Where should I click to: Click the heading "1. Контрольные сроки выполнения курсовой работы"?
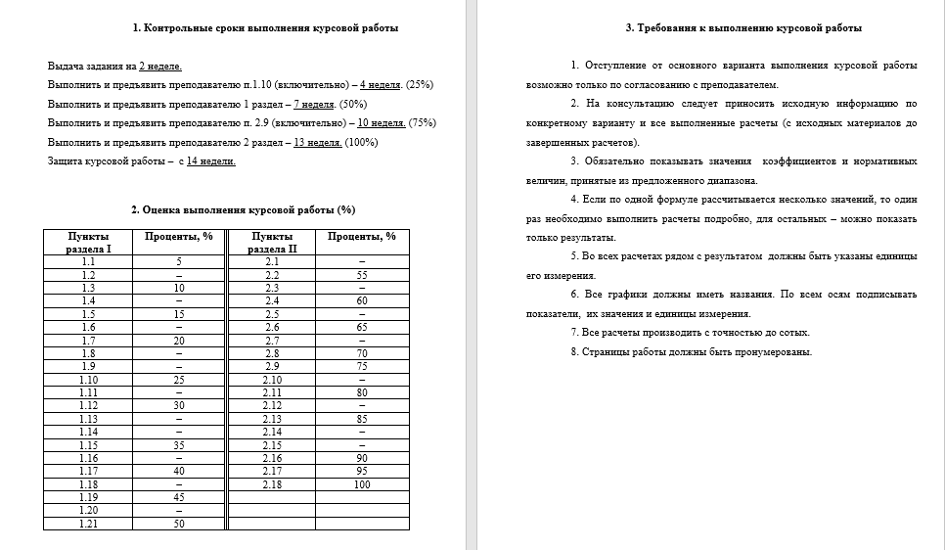tap(237, 28)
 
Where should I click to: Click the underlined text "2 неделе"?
tap(159, 66)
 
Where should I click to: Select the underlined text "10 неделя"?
tap(382, 122)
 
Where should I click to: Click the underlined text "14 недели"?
tap(210, 160)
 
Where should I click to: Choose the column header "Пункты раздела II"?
tap(272, 242)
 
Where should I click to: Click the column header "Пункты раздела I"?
tap(89, 242)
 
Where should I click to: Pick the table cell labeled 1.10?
tap(89, 379)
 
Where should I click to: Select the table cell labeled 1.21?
tap(89, 524)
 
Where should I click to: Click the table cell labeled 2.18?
tap(272, 483)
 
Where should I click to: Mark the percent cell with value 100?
tap(362, 483)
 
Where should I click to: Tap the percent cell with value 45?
tap(179, 497)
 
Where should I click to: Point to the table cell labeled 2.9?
tap(272, 366)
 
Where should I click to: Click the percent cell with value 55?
tap(362, 275)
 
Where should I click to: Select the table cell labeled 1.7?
tap(89, 340)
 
